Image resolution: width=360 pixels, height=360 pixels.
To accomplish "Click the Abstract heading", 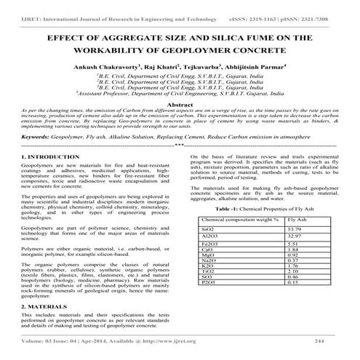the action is coord(180,105).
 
